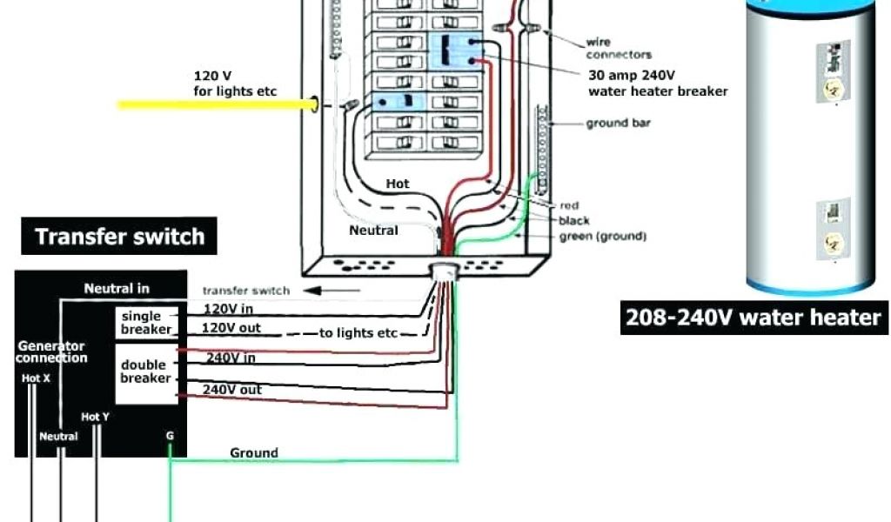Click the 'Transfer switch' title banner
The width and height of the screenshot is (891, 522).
coord(120,236)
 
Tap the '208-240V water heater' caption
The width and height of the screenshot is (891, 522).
coord(754,318)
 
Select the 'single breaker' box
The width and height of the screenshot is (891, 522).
coord(146,323)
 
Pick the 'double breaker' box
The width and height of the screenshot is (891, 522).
coord(145,371)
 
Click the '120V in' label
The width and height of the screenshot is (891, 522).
coord(228,309)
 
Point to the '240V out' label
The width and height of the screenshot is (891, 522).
coord(231,390)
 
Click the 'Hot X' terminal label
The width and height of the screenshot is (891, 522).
coord(36,378)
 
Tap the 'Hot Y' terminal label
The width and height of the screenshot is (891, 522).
coord(95,418)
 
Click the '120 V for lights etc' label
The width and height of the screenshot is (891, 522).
coord(235,84)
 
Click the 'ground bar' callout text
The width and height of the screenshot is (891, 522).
coord(618,124)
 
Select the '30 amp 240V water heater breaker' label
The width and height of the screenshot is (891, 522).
coord(658,84)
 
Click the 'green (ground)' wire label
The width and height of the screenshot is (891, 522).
coord(602,236)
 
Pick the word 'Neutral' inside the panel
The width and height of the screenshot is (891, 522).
coord(373,231)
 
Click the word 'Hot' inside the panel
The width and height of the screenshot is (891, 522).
coord(398,184)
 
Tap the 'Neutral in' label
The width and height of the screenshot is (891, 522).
coord(117,288)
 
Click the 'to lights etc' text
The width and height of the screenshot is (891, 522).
coord(358,333)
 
